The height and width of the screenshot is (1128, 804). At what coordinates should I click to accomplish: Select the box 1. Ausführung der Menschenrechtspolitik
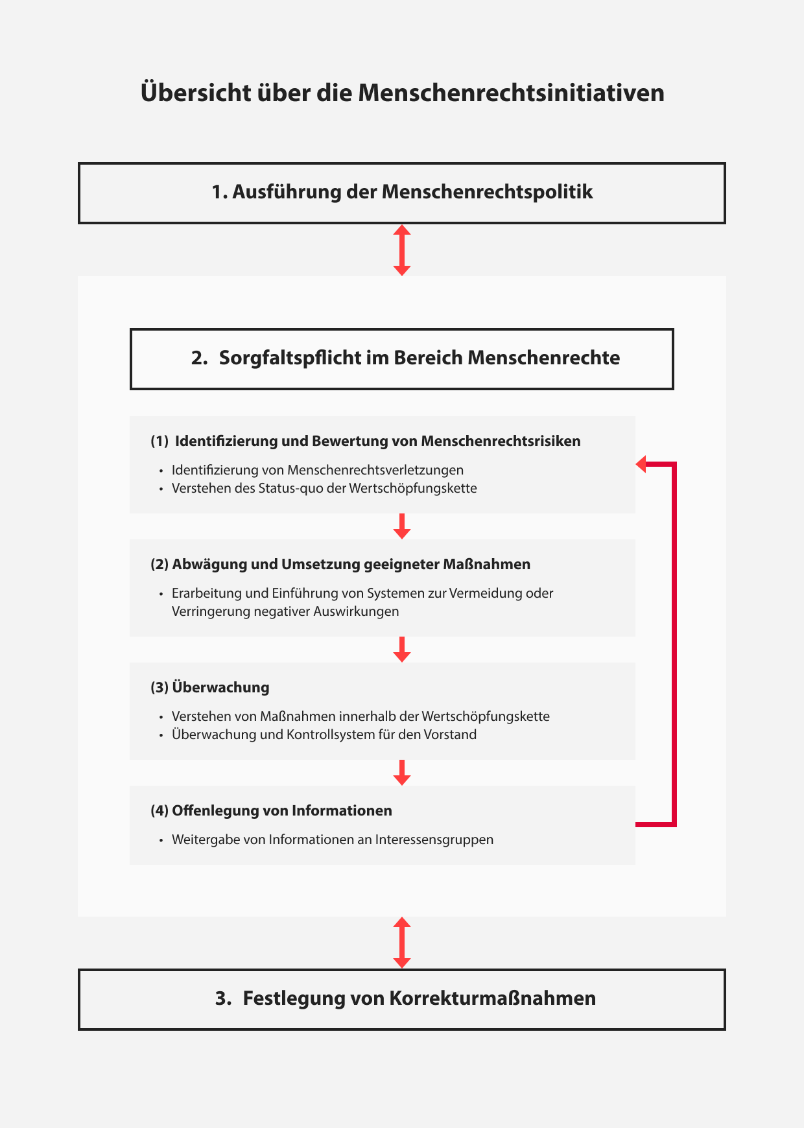[x=402, y=193]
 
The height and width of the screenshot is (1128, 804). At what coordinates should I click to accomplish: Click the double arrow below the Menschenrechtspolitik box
[x=402, y=250]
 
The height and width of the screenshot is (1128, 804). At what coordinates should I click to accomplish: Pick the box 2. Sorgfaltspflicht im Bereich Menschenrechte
[x=402, y=358]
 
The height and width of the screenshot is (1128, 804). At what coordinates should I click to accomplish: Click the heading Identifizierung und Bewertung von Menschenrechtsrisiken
[x=377, y=441]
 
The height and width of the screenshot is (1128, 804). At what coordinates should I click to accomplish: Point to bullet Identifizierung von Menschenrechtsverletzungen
[x=317, y=470]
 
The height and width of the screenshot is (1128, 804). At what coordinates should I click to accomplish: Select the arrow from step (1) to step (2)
[x=402, y=526]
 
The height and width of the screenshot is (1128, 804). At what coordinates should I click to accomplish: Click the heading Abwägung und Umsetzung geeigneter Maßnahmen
[x=351, y=565]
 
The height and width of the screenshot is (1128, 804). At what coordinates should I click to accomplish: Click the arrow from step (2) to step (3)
[x=402, y=650]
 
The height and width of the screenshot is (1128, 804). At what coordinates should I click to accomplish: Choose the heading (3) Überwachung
[x=209, y=688]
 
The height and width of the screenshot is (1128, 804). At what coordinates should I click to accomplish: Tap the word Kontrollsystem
[x=330, y=734]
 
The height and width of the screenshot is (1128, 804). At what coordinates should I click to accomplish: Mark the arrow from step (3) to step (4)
[x=402, y=773]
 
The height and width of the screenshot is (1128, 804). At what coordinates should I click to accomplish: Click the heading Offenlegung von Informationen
[x=281, y=811]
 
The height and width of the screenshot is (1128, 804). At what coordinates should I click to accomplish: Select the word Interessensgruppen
[x=434, y=840]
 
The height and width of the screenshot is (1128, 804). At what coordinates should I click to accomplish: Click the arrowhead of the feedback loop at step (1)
[x=641, y=464]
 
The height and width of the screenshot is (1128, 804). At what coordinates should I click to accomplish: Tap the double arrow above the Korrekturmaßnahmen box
[x=402, y=943]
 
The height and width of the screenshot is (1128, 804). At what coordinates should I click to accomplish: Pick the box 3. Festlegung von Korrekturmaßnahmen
[x=402, y=999]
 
